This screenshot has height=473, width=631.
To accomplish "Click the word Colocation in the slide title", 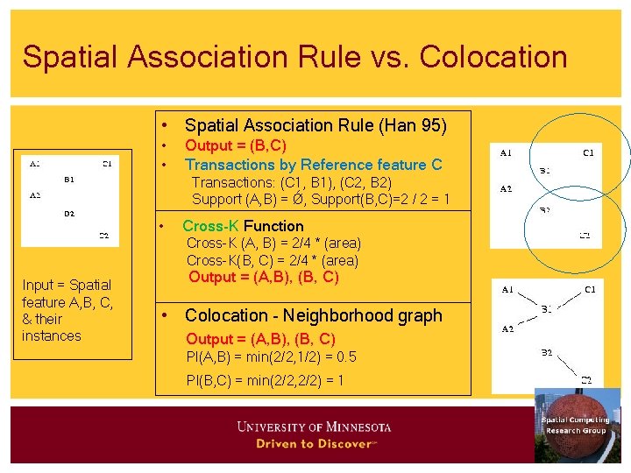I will coord(493,57).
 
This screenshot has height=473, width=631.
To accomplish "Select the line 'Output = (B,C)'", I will coord(236,145).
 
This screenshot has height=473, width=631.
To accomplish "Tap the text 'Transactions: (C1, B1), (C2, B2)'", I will coord(291,182).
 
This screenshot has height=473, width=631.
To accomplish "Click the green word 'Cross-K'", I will coord(211,226).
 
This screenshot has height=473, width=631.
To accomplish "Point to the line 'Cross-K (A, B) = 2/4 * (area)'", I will coord(273,243).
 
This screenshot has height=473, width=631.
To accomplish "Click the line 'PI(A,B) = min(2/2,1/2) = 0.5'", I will coord(272,357).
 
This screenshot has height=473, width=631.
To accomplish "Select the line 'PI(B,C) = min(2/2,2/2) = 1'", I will coord(265,380).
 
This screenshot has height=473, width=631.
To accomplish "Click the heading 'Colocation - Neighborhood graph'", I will coord(314,315).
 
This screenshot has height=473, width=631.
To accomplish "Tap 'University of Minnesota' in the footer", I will coord(314,427).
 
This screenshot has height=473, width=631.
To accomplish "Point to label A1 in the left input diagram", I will coord(34,163).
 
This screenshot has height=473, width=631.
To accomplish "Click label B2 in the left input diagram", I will coord(69,213).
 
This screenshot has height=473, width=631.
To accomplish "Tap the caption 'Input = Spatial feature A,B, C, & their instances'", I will coord(67,310).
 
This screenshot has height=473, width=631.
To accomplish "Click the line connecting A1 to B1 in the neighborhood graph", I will coord(525,299).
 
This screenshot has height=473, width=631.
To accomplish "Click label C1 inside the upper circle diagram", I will coord(588,153).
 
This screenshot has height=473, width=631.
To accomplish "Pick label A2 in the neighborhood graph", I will coord(507,328).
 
